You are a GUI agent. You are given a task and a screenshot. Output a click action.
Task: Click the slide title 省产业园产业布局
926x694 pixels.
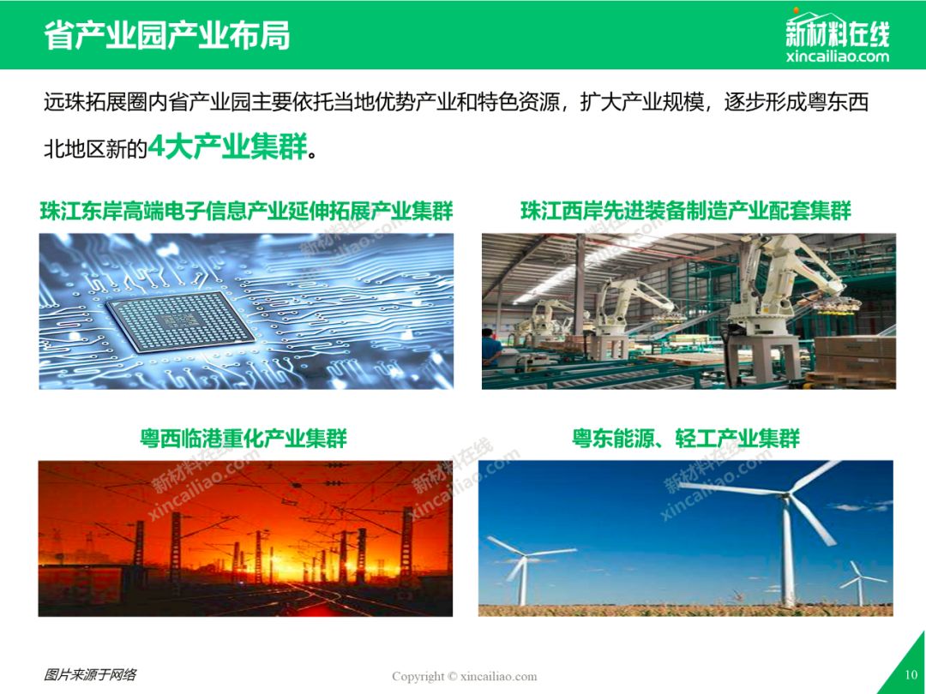click(167, 35)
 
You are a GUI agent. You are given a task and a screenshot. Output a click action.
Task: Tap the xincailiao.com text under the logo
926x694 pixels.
click(838, 57)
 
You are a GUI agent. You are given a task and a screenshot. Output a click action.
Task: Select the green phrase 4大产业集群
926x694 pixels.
click(228, 146)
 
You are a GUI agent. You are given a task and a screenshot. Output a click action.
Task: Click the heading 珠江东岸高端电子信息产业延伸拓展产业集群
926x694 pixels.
click(246, 211)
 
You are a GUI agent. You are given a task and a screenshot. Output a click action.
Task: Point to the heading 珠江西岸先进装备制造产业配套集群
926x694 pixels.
click(686, 211)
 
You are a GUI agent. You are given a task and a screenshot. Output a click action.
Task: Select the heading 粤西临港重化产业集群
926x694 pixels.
click(244, 439)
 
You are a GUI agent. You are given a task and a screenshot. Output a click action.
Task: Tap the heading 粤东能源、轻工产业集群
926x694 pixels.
click(686, 439)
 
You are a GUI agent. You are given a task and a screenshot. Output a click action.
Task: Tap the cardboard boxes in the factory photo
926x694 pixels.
click(855, 357)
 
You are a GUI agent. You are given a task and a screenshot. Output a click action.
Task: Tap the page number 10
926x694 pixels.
click(911, 674)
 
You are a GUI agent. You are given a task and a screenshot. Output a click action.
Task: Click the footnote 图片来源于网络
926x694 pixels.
click(90, 674)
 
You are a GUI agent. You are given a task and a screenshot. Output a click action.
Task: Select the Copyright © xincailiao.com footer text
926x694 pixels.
click(464, 676)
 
